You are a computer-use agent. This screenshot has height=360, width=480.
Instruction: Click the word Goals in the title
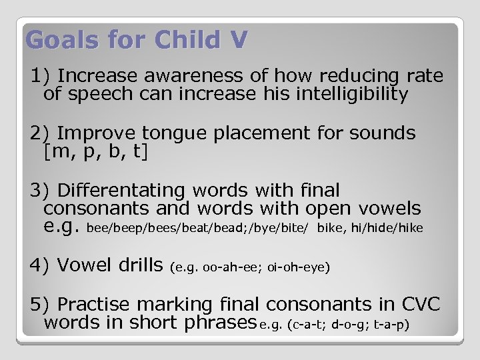point(55,41)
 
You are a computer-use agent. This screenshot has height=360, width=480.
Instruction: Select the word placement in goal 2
point(267,133)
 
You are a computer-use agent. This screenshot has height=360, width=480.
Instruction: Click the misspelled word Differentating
point(123,191)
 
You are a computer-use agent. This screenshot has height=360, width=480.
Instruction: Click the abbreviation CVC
point(421,305)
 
